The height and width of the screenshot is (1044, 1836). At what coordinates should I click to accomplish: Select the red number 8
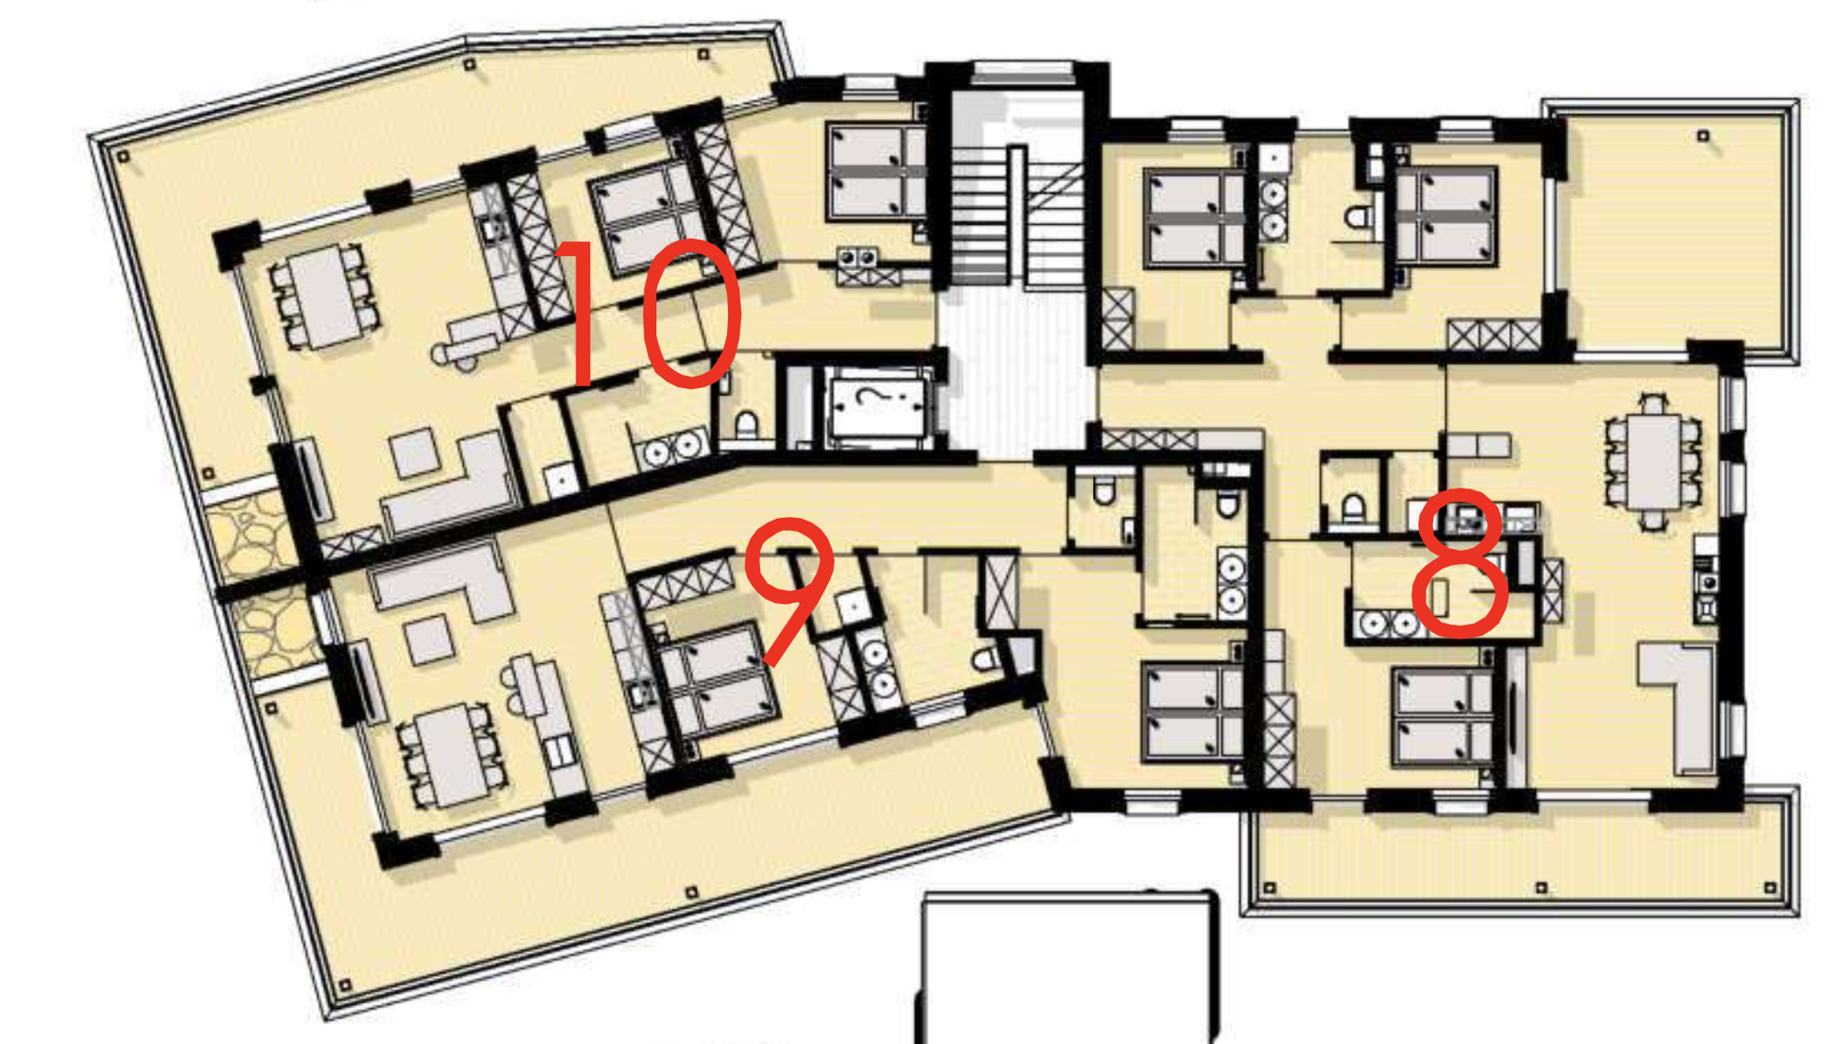[x=1460, y=562]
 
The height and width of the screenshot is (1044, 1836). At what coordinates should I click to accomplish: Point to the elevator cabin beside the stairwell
[x=877, y=404]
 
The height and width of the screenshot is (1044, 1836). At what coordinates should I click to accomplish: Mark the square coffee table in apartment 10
[x=414, y=453]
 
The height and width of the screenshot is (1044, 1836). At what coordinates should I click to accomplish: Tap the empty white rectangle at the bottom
[x=1065, y=969]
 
